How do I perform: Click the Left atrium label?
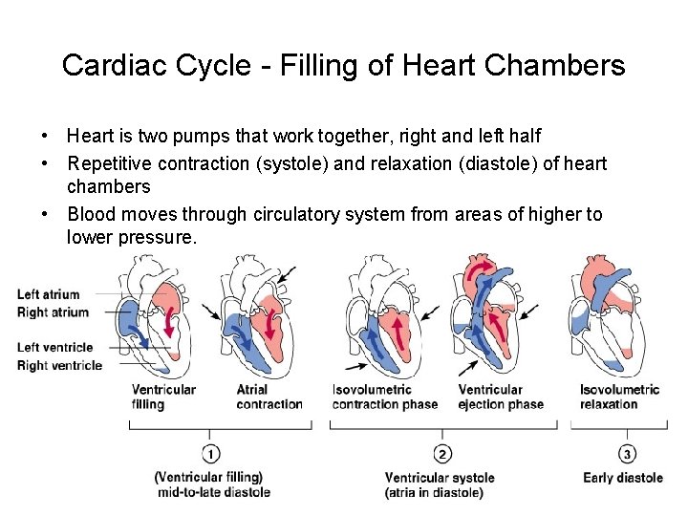(49, 294)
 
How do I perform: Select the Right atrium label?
(53, 312)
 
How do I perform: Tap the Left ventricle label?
(54, 347)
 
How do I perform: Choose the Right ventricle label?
(58, 365)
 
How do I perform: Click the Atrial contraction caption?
(269, 397)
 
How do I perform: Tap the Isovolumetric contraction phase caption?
(384, 397)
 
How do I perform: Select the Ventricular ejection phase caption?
(501, 397)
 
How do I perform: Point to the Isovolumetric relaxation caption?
(619, 397)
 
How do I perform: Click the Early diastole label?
(623, 478)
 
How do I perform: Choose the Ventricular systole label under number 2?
(440, 478)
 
